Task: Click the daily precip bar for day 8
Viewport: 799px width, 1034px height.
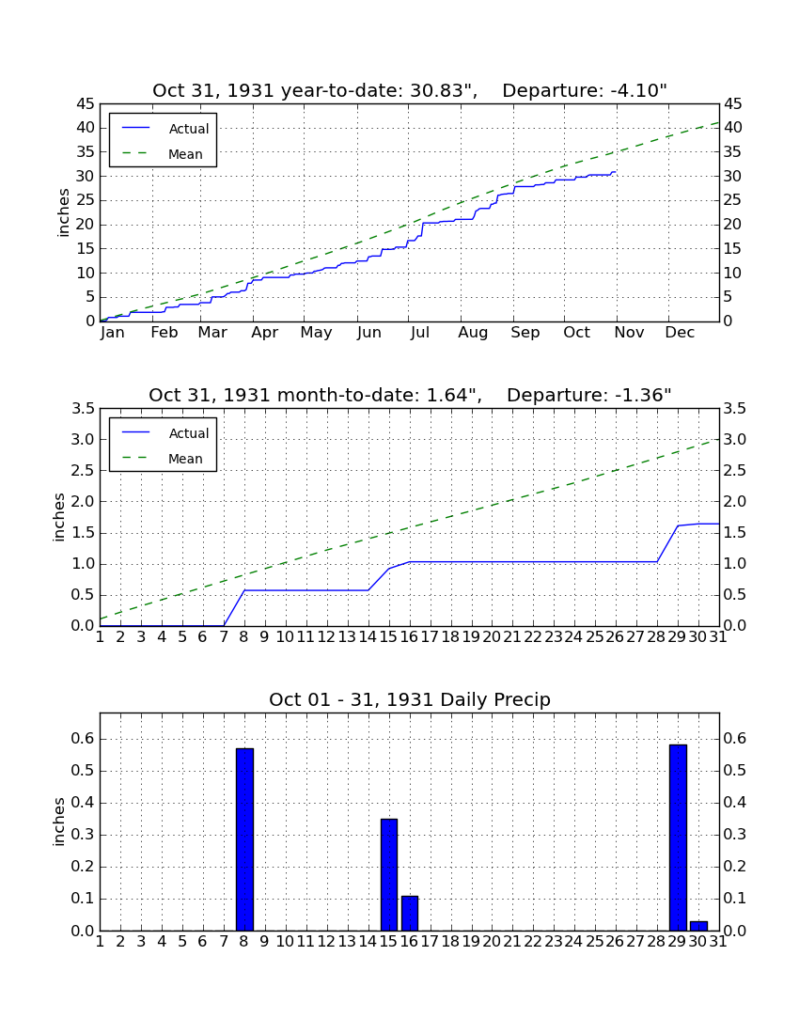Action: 244,839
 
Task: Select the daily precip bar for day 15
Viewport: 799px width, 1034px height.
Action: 389,874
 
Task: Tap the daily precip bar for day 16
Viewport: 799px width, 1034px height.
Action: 410,914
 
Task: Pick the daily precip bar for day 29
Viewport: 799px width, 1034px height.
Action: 678,838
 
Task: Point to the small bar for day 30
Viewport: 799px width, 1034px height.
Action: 698,926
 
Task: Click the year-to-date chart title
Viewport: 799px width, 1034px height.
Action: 410,90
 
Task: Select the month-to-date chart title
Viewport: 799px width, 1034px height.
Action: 410,395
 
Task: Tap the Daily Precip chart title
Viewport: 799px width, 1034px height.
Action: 410,699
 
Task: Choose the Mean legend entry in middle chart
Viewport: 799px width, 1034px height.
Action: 163,459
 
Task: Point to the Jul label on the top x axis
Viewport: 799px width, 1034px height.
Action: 420,333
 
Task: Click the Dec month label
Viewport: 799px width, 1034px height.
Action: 680,333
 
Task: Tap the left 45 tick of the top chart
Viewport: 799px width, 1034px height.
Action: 86,104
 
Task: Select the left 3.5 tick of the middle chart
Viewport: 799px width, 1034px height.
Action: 83,409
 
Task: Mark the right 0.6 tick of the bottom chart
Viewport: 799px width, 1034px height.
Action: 735,739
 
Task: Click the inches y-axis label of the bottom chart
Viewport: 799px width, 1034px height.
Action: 59,822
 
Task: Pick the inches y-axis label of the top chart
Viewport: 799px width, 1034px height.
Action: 63,212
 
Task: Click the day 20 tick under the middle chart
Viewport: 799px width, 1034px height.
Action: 492,637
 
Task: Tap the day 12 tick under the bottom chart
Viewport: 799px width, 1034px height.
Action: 327,942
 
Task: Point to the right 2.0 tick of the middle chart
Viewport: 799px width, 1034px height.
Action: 735,502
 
